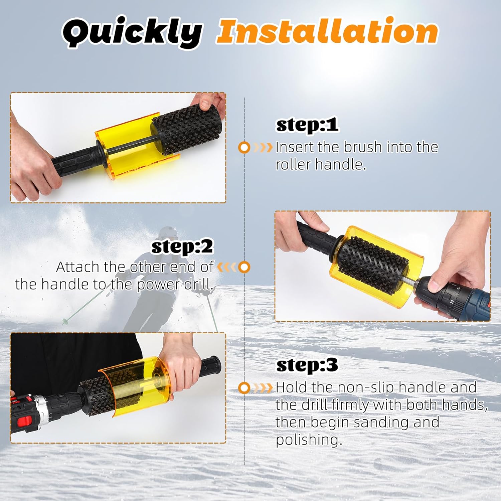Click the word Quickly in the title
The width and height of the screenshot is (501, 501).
[x=132, y=32]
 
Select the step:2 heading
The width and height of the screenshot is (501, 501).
[x=182, y=247]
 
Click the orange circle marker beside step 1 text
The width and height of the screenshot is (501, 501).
[x=244, y=147]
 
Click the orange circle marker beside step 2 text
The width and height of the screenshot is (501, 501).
[x=245, y=267]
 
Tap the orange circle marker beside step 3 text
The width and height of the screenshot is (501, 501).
[x=244, y=388]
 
